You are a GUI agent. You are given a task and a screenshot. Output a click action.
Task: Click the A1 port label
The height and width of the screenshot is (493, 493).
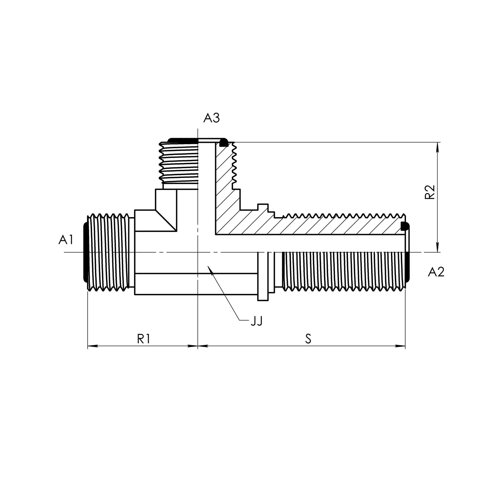point(66,240)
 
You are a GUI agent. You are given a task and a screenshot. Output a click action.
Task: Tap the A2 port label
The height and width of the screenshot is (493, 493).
point(436,272)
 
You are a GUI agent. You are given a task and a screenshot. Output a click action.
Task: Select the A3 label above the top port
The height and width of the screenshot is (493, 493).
point(211,118)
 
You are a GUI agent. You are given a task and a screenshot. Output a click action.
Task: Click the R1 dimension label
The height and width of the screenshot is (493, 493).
point(144,339)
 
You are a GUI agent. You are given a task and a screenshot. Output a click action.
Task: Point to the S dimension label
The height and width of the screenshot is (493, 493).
point(308,339)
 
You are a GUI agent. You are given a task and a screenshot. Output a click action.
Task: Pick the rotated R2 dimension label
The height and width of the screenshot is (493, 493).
point(429,192)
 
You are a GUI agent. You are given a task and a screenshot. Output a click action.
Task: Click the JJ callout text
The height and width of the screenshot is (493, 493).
point(256,321)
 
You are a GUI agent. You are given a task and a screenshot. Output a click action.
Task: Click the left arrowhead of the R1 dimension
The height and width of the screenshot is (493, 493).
point(92,346)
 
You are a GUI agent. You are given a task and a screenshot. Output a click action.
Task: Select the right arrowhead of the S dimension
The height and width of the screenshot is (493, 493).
point(400,346)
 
